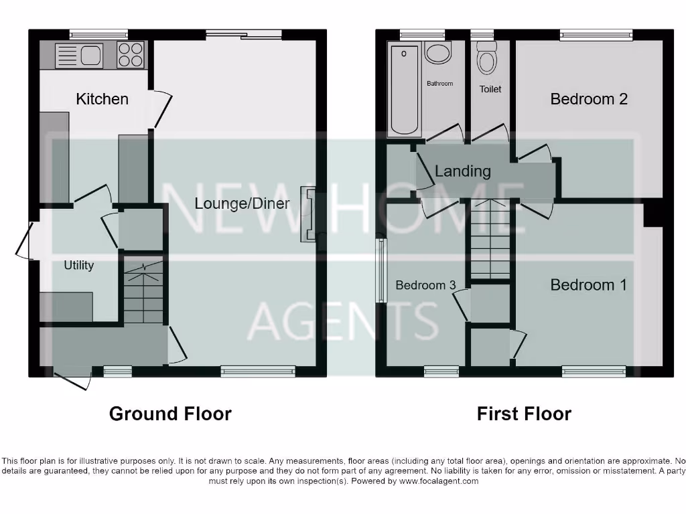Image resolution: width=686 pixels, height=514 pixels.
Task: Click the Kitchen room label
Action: tap(102, 99)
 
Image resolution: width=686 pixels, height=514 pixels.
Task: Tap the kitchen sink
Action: tap(78, 55)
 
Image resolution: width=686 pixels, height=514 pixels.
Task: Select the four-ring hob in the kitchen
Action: tap(131, 55)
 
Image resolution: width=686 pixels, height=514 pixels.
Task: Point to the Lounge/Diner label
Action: tap(242, 203)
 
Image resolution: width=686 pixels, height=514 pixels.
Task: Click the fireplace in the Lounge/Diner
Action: tap(310, 214)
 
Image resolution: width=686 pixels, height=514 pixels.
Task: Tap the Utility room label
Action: tap(78, 265)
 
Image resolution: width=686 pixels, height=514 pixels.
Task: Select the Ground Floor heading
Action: tap(170, 414)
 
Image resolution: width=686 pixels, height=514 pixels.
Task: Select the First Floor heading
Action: tap(524, 414)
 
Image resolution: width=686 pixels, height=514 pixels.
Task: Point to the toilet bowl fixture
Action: tap(486, 60)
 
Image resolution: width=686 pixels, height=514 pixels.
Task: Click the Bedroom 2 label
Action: tap(589, 99)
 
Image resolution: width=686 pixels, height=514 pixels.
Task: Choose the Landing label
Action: tap(462, 171)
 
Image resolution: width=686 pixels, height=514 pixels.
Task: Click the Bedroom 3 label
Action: tap(425, 285)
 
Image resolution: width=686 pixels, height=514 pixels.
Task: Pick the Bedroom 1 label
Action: tap(588, 285)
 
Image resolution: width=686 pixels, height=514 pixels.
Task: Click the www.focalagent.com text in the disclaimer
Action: tap(439, 481)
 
